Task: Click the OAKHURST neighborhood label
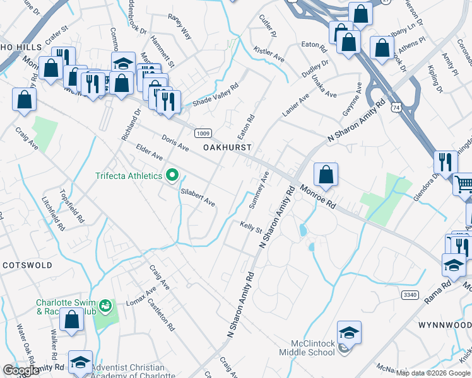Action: click(x=227, y=147)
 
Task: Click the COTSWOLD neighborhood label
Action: click(x=27, y=265)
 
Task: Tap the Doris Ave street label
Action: click(x=175, y=143)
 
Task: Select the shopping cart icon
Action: click(x=464, y=185)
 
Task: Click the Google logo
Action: click(x=21, y=370)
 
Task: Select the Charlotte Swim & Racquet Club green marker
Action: click(x=105, y=307)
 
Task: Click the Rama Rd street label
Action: click(x=437, y=292)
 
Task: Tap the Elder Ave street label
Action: click(x=150, y=152)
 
